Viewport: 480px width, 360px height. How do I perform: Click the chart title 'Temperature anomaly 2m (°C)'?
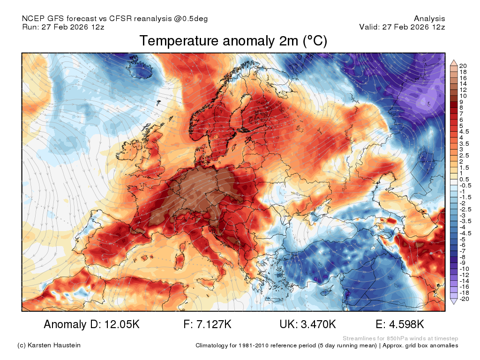point(233,41)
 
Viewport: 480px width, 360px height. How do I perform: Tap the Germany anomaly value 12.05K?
point(122,324)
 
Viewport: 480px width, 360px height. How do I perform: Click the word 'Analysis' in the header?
point(429,19)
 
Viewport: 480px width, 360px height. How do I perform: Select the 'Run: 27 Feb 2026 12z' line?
point(63,27)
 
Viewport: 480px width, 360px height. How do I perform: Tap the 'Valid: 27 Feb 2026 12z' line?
point(402,27)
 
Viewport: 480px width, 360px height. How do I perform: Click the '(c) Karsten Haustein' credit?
point(49,345)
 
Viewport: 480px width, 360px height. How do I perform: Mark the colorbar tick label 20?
point(463,66)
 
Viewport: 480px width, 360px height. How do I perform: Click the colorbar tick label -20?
point(464,299)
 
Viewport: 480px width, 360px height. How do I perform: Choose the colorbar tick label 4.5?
point(464,132)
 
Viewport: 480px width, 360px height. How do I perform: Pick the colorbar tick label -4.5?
point(465,233)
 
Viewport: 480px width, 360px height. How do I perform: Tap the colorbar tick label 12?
point(463,90)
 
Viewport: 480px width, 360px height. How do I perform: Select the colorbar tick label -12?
point(464,275)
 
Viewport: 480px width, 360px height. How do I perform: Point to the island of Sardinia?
point(179,260)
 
